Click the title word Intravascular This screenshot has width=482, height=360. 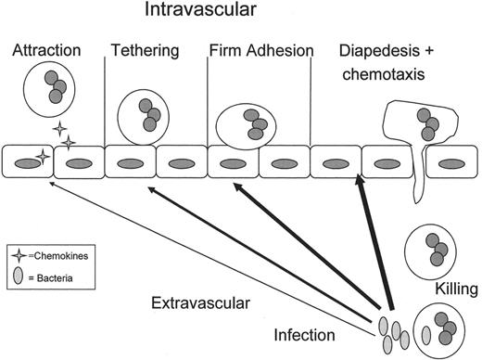[x=207, y=14]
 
